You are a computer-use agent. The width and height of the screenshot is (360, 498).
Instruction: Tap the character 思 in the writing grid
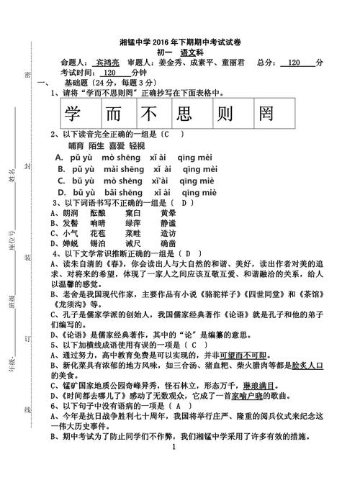[187, 114]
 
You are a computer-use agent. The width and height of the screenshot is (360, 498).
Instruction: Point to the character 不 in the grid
[150, 114]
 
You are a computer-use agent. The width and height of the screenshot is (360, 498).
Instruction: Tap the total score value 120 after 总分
[294, 63]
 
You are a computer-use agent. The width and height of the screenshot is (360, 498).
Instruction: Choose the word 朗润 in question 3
[71, 213]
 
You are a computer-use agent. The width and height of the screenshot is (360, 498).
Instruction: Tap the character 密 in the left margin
[27, 75]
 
